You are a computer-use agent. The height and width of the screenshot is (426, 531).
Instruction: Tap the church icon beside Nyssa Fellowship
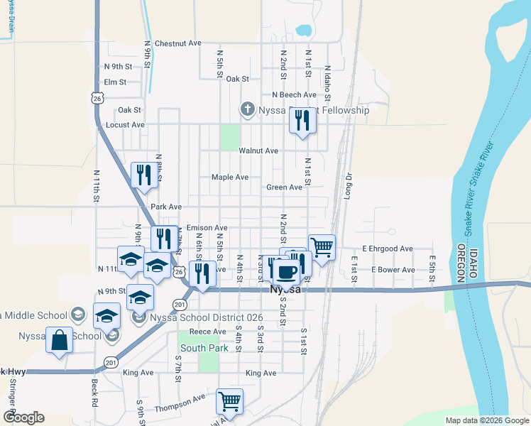(x=247, y=110)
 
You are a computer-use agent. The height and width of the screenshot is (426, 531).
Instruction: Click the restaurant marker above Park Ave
(x=144, y=175)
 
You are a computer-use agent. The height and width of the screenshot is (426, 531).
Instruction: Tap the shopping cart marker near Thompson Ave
(x=229, y=401)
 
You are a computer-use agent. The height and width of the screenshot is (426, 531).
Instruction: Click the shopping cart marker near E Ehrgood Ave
(x=322, y=247)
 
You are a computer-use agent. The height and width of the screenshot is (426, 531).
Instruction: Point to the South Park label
(x=204, y=349)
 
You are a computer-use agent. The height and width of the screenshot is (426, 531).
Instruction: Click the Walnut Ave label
(x=258, y=151)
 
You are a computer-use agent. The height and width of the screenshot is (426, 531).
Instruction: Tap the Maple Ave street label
(x=230, y=177)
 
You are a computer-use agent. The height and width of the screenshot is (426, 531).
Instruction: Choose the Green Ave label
(x=285, y=187)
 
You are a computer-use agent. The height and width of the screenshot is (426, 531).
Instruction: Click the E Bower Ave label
(x=393, y=270)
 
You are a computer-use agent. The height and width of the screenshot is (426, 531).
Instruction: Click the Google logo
(x=23, y=417)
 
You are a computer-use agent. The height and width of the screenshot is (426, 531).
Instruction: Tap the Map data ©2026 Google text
(x=486, y=420)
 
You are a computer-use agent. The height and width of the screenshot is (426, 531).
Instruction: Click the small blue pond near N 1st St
(x=304, y=31)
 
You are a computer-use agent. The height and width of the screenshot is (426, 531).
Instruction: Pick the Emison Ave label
(x=207, y=228)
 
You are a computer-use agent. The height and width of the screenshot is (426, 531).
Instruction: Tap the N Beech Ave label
(x=294, y=94)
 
